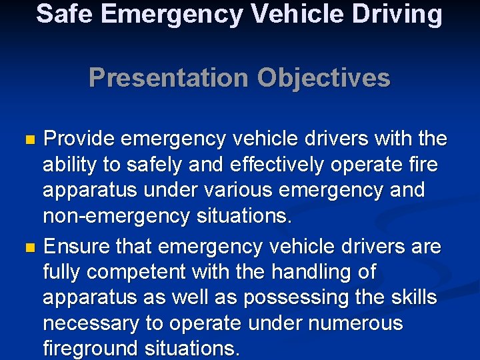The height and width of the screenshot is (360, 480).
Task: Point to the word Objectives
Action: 323,78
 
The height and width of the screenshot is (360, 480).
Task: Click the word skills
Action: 411,298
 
